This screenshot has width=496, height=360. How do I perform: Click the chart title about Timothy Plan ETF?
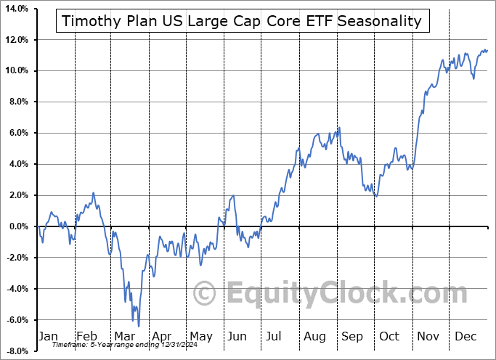(x=242, y=20)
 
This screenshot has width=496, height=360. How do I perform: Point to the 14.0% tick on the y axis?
(x=15, y=8)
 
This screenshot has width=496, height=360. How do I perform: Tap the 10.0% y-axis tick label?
(x=15, y=70)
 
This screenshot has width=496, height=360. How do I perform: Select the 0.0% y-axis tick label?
(x=17, y=226)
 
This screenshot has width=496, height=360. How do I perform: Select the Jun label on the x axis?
(x=236, y=336)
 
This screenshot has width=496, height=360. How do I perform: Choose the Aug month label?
(x=315, y=336)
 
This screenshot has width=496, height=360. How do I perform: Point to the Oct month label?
(x=389, y=336)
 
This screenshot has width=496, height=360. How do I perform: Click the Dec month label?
(x=465, y=336)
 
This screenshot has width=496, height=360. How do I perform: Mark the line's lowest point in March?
(x=138, y=326)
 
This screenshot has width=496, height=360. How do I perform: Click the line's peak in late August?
(x=339, y=128)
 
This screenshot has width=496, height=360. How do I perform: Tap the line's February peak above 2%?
(x=94, y=193)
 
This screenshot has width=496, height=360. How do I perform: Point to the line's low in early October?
(x=375, y=197)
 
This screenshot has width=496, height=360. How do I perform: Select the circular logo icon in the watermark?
(x=206, y=293)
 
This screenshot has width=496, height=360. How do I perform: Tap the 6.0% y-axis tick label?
(x=17, y=133)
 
